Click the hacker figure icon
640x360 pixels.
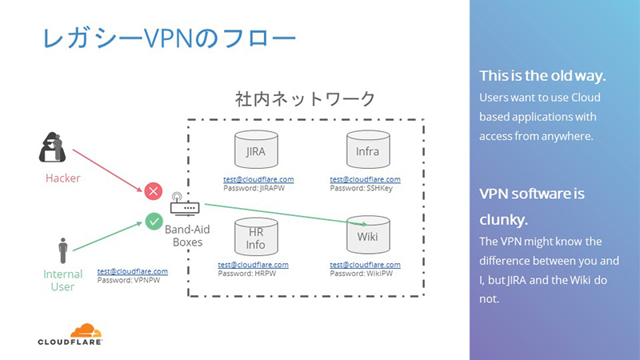[x=57, y=146]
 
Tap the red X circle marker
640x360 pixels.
[x=154, y=191]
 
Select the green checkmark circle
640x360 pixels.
[x=154, y=219]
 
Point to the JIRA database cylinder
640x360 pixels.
[x=255, y=150]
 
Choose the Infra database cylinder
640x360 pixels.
[x=367, y=150]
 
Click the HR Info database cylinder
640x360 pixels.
[x=255, y=235]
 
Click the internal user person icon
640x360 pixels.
[x=62, y=250]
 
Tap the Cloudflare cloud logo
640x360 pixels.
[x=86, y=330]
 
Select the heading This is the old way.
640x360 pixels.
[x=542, y=77]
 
